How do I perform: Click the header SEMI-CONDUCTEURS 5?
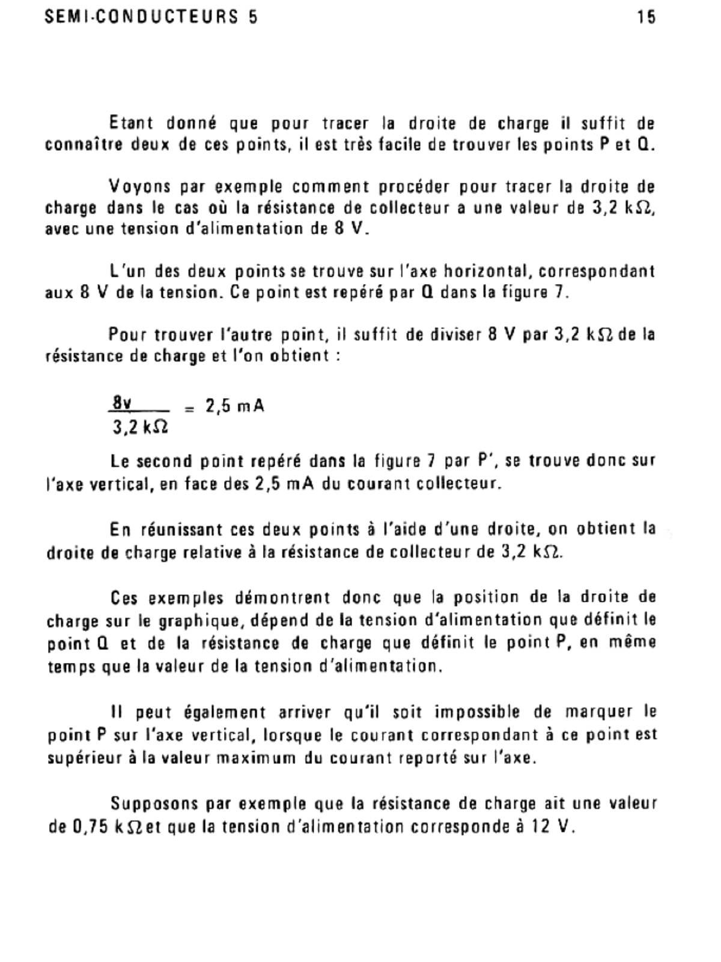(151, 17)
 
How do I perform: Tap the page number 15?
(646, 17)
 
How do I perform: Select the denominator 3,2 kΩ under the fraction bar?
(139, 428)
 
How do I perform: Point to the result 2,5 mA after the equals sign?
(235, 407)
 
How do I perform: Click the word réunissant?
(180, 530)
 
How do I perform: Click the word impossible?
(476, 712)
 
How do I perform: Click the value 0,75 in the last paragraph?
(90, 827)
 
